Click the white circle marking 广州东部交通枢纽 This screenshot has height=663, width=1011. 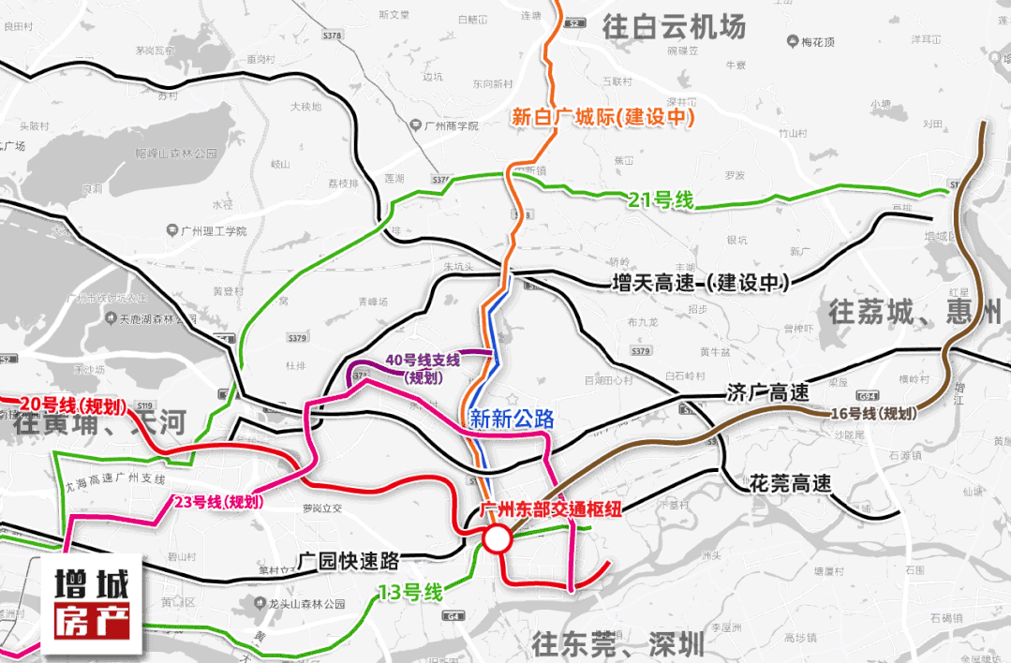(x=496, y=538)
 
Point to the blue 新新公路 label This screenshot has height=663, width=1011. (x=512, y=420)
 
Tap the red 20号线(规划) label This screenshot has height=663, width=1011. (x=66, y=405)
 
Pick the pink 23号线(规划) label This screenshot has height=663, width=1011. (x=218, y=502)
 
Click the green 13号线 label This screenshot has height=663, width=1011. (x=409, y=593)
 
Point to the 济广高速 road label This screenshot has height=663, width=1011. (x=767, y=393)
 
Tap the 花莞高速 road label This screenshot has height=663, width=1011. (x=790, y=484)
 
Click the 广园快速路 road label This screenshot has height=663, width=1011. (x=349, y=561)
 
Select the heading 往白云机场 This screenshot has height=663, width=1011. (x=675, y=27)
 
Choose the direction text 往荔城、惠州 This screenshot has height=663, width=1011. (x=914, y=312)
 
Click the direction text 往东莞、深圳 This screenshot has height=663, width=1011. (x=617, y=643)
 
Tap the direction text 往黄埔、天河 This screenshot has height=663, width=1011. (x=100, y=423)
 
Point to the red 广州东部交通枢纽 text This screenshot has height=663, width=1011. (x=550, y=510)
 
